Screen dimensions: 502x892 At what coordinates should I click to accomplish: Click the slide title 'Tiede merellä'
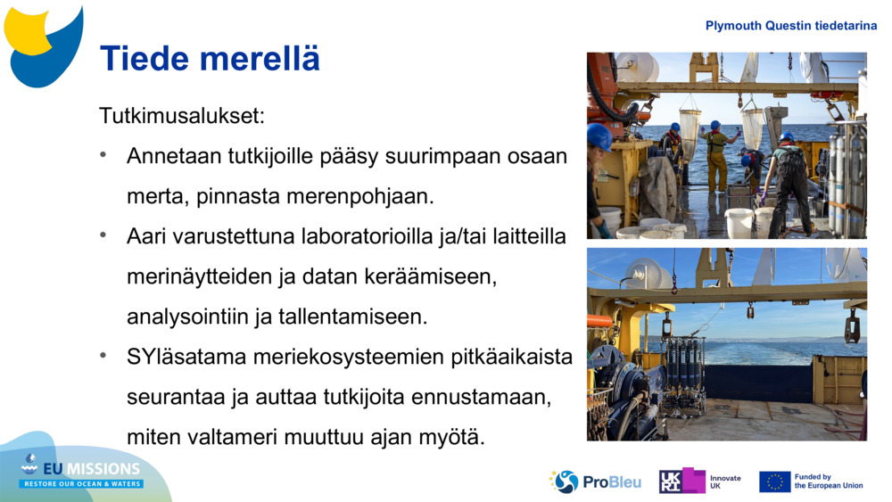pyautogui.click(x=210, y=59)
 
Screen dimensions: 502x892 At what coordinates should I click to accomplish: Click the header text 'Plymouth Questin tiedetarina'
pyautogui.click(x=790, y=26)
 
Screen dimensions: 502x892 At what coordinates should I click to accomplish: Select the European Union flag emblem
pyautogui.click(x=774, y=481)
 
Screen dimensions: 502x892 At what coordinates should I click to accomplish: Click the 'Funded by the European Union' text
pyautogui.click(x=828, y=481)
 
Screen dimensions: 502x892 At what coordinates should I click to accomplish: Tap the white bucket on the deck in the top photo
pyautogui.click(x=739, y=222)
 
